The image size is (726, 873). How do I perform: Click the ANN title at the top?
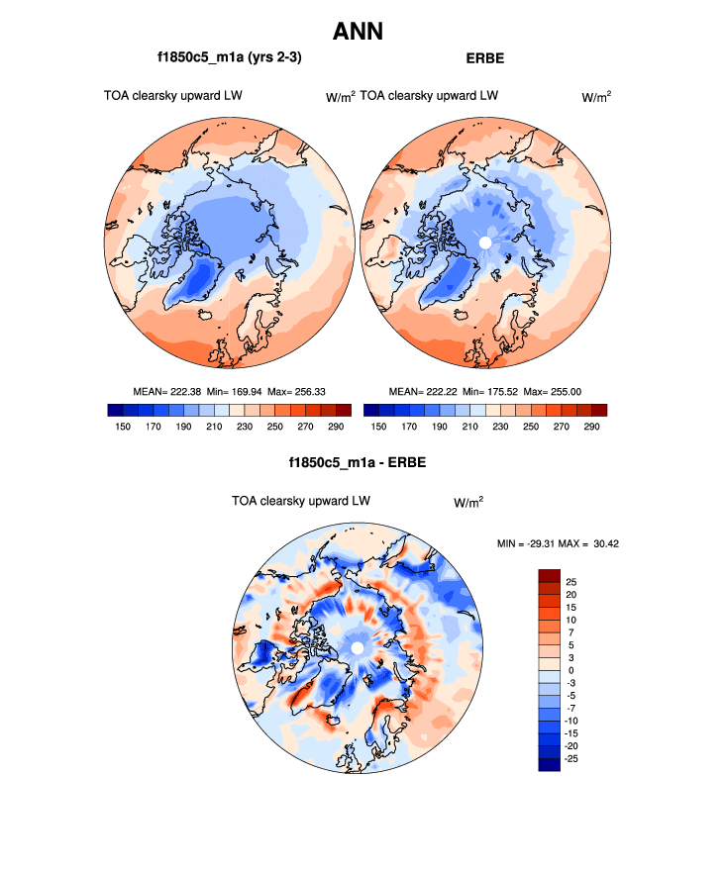pyautogui.click(x=358, y=32)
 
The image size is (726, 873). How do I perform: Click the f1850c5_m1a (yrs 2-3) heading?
pyautogui.click(x=229, y=58)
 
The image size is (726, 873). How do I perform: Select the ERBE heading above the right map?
pyautogui.click(x=485, y=58)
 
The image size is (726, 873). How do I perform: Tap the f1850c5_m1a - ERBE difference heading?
pyautogui.click(x=358, y=462)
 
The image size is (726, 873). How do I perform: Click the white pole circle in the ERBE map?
pyautogui.click(x=485, y=242)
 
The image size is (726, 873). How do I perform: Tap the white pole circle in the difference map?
pyautogui.click(x=357, y=648)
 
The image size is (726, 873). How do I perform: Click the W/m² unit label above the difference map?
pyautogui.click(x=468, y=503)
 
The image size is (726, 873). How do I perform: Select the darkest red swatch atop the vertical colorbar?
pyautogui.click(x=550, y=575)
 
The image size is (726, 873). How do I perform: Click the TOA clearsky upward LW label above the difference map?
pyautogui.click(x=301, y=501)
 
